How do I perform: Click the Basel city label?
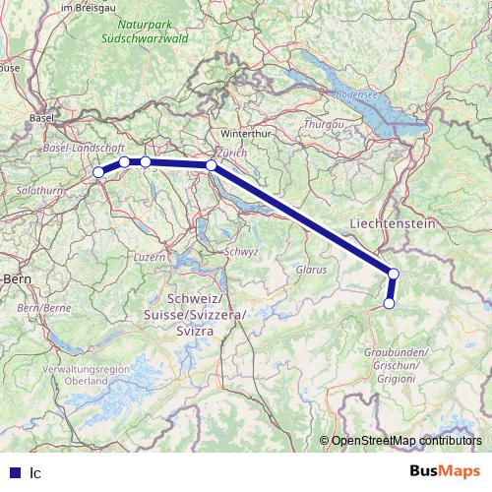click(x=41, y=118)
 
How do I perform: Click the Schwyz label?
click(x=241, y=252)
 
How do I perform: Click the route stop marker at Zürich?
click(x=212, y=165)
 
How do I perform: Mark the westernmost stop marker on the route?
click(x=98, y=173)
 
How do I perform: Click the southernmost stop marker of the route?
click(x=389, y=304)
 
